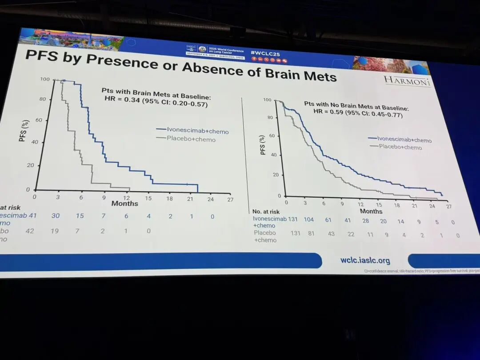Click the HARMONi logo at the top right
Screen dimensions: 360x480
(x=407, y=81)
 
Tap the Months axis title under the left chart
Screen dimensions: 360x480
(x=124, y=204)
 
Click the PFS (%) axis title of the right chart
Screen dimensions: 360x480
(x=263, y=144)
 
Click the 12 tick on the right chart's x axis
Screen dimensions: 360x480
(x=360, y=204)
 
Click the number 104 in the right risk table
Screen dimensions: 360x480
(x=308, y=219)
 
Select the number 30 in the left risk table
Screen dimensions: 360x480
(x=56, y=216)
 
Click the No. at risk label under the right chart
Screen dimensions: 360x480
(x=266, y=212)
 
